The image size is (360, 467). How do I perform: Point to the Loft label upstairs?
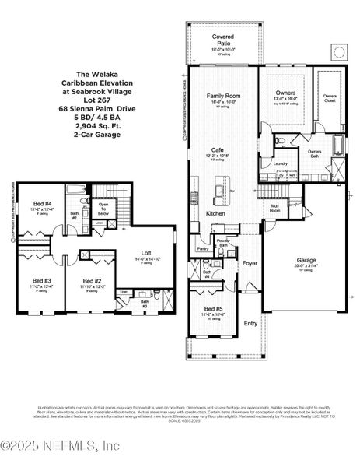pyautogui.click(x=142, y=251)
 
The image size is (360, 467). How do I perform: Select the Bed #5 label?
pyautogui.click(x=211, y=309)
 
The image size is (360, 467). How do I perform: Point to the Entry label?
pyautogui.click(x=251, y=323)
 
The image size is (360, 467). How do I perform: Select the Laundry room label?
pyautogui.click(x=280, y=163)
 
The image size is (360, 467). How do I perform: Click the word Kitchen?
pyautogui.click(x=215, y=213)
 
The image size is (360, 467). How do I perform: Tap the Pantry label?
pyautogui.click(x=202, y=249)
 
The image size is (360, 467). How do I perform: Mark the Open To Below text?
pyautogui.click(x=103, y=209)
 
